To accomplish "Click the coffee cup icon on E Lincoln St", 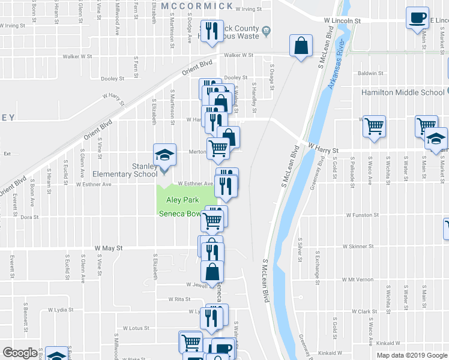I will pyautogui.click(x=417, y=18).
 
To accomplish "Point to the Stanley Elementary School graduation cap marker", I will pyautogui.click(x=164, y=155).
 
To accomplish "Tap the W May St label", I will pyautogui.click(x=109, y=247).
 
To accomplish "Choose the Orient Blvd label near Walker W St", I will pyautogui.click(x=198, y=67).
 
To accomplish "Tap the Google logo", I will pyautogui.click(x=20, y=353).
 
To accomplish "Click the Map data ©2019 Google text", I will pyautogui.click(x=412, y=355).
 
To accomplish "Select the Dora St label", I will pyautogui.click(x=29, y=217).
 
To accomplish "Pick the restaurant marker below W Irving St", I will pyautogui.click(x=210, y=32).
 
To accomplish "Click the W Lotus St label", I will pyautogui.click(x=135, y=328).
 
